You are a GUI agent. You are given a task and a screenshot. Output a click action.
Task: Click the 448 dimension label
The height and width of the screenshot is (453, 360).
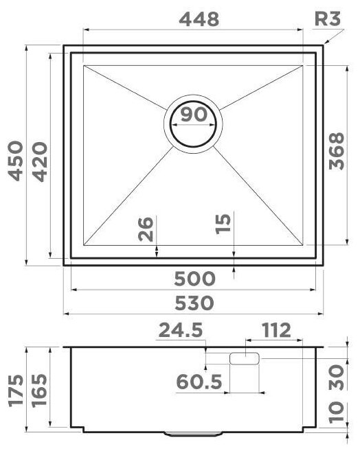tap(199, 19)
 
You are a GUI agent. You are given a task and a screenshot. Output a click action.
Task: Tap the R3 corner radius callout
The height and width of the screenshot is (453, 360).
tap(328, 19)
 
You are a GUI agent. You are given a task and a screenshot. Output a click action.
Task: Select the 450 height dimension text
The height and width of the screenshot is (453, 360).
tap(15, 161)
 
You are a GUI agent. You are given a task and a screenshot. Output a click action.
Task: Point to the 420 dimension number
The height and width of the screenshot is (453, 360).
tap(40, 162)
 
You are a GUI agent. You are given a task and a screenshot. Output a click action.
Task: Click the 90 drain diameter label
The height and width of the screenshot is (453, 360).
tap(194, 114)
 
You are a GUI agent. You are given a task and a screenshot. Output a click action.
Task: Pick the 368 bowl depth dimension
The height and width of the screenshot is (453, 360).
tap(337, 151)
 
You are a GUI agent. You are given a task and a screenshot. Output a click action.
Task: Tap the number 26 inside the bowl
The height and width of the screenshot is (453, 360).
tap(146, 229)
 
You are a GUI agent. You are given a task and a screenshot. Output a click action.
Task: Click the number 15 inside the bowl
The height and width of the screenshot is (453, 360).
tap(223, 223)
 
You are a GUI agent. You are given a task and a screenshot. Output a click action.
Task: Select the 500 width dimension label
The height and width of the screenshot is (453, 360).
tap(194, 279)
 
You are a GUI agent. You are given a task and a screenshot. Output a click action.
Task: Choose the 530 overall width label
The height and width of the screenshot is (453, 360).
tap(194, 303)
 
